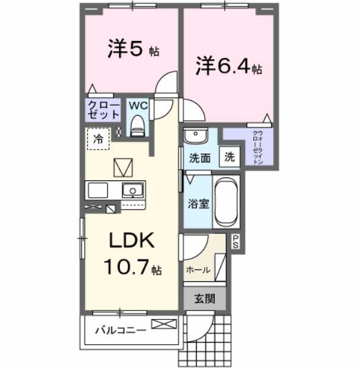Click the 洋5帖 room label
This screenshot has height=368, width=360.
[x=132, y=50]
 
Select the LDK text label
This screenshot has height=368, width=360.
[x=130, y=241]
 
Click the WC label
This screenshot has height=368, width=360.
[x=138, y=106]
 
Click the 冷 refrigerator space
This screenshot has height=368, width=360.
[x=98, y=139]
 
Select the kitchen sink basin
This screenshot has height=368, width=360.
[x=133, y=191]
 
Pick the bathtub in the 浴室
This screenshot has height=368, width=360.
[x=225, y=202]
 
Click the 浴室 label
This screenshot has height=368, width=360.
[x=197, y=203]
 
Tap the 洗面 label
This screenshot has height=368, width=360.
[x=200, y=158]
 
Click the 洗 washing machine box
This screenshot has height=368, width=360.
[x=230, y=158]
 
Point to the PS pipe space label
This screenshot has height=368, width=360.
[x=235, y=241]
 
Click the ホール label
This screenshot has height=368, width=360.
[x=198, y=269]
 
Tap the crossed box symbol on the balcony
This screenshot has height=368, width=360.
[x=164, y=324]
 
